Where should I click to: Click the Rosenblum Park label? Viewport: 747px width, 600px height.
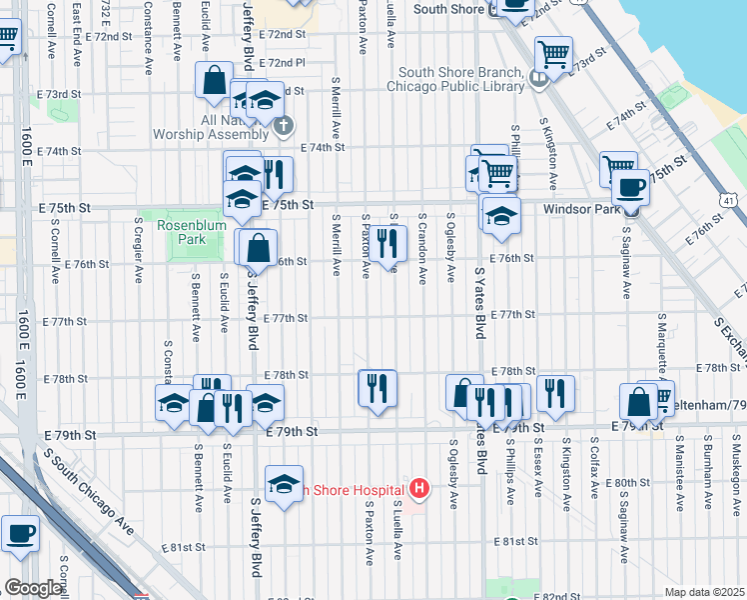[x=181, y=232]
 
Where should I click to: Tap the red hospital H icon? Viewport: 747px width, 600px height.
[x=419, y=490]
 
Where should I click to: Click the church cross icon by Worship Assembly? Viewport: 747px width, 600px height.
[x=284, y=126]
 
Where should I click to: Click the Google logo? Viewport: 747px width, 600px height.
[x=33, y=588]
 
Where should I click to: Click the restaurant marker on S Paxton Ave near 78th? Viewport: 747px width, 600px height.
[x=377, y=386]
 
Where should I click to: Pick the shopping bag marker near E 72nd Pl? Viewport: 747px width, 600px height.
[x=215, y=80]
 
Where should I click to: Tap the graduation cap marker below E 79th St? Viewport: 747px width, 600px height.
[x=285, y=485]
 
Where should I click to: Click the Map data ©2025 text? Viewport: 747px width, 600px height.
[x=705, y=592]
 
